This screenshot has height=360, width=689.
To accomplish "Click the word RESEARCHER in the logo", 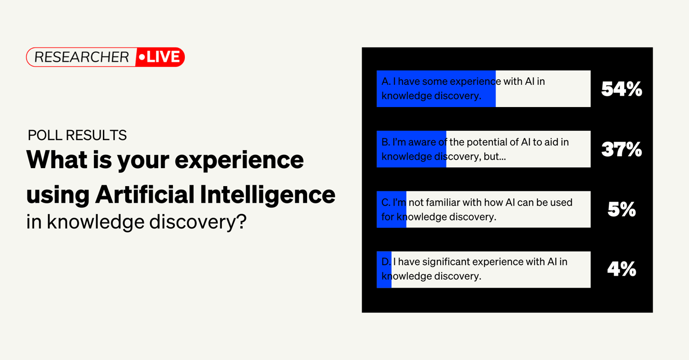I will tap(82, 57).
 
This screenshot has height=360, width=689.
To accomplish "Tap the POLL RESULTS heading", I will tap(77, 135).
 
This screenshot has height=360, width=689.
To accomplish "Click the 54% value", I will tap(621, 89).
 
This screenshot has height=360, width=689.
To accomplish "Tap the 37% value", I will tap(621, 150).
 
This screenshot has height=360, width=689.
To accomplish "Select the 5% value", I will tap(621, 209).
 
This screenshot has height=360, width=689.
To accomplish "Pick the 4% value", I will tap(621, 270).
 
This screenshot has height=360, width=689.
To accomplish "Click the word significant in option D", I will tap(445, 262).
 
